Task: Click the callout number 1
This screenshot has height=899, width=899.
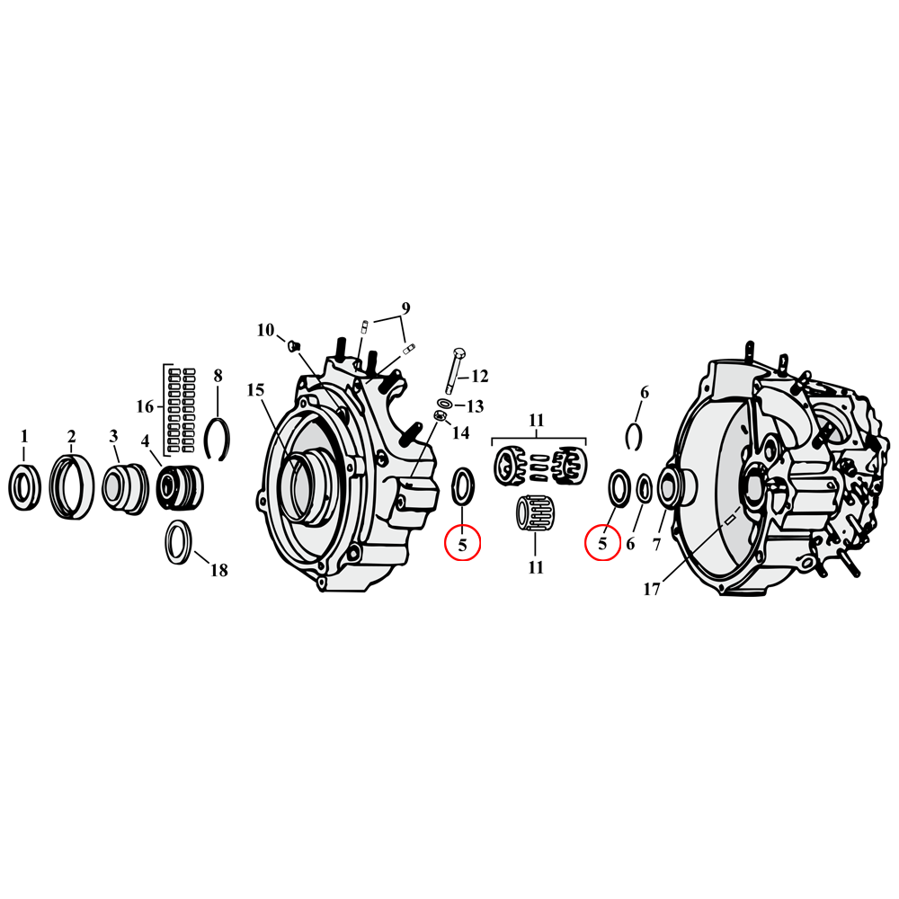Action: pos(24,436)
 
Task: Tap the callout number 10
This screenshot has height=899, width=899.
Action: pos(265,330)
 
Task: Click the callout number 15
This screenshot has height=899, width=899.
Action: pos(256,390)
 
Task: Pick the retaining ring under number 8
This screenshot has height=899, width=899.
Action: pos(216,438)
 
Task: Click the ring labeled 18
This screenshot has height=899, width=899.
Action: pos(178,543)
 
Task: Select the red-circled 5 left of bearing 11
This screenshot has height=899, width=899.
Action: pos(463,544)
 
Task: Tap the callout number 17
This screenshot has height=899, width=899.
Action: pos(653,590)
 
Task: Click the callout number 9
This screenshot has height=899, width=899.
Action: pos(405,308)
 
